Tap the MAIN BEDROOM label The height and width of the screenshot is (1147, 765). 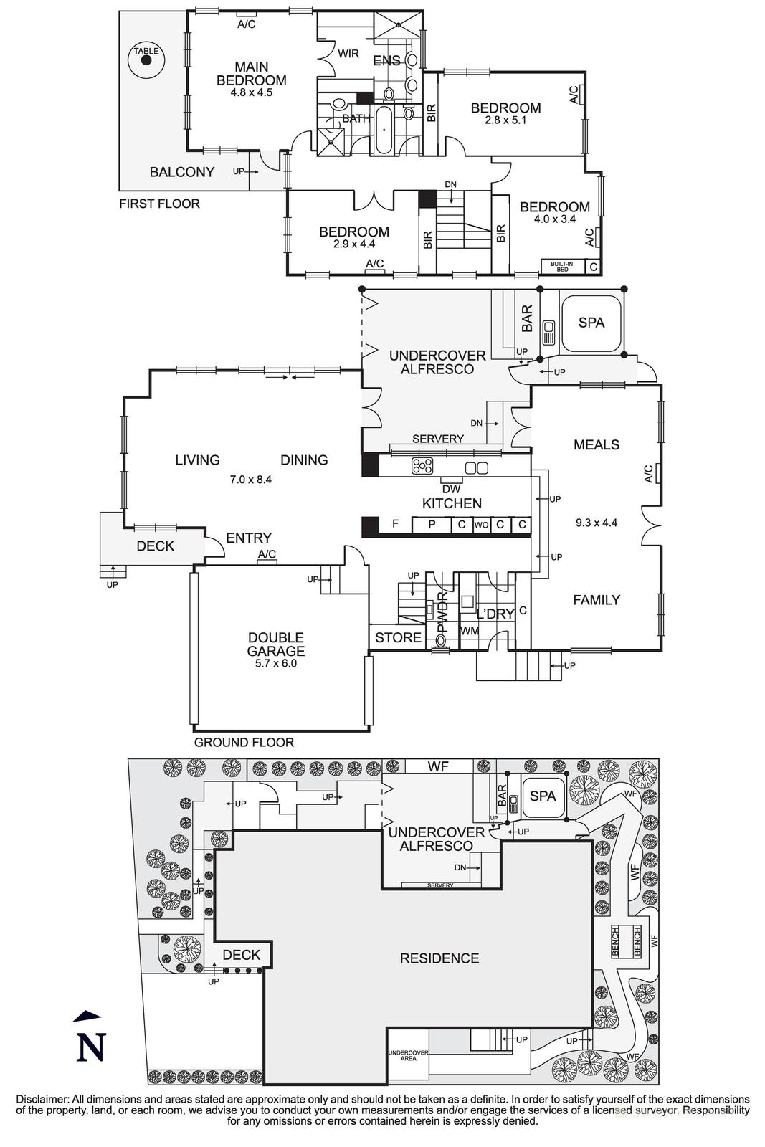click(251, 74)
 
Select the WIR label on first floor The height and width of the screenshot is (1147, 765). click(348, 54)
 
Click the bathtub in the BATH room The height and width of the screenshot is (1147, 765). click(384, 130)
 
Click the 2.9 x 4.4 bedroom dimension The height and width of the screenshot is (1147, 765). click(354, 244)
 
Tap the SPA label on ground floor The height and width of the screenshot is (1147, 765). click(591, 323)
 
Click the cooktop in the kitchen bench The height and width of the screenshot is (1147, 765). click(422, 467)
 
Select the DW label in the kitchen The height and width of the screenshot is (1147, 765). click(451, 489)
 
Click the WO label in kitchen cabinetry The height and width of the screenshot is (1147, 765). click(481, 525)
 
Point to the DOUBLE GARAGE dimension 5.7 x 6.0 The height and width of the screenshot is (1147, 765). click(276, 663)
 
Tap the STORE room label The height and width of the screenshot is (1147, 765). click(398, 637)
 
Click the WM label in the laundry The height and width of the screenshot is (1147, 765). click(470, 631)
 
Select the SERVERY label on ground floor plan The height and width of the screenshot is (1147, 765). click(437, 439)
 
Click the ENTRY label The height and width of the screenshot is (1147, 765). click(249, 538)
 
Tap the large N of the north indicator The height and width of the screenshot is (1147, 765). click(91, 1047)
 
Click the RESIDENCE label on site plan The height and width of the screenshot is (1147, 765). click(439, 958)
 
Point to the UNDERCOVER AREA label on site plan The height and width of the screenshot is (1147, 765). click(408, 1055)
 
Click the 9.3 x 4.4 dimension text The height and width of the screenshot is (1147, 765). click(597, 523)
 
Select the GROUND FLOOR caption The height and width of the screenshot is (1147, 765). click(244, 742)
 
